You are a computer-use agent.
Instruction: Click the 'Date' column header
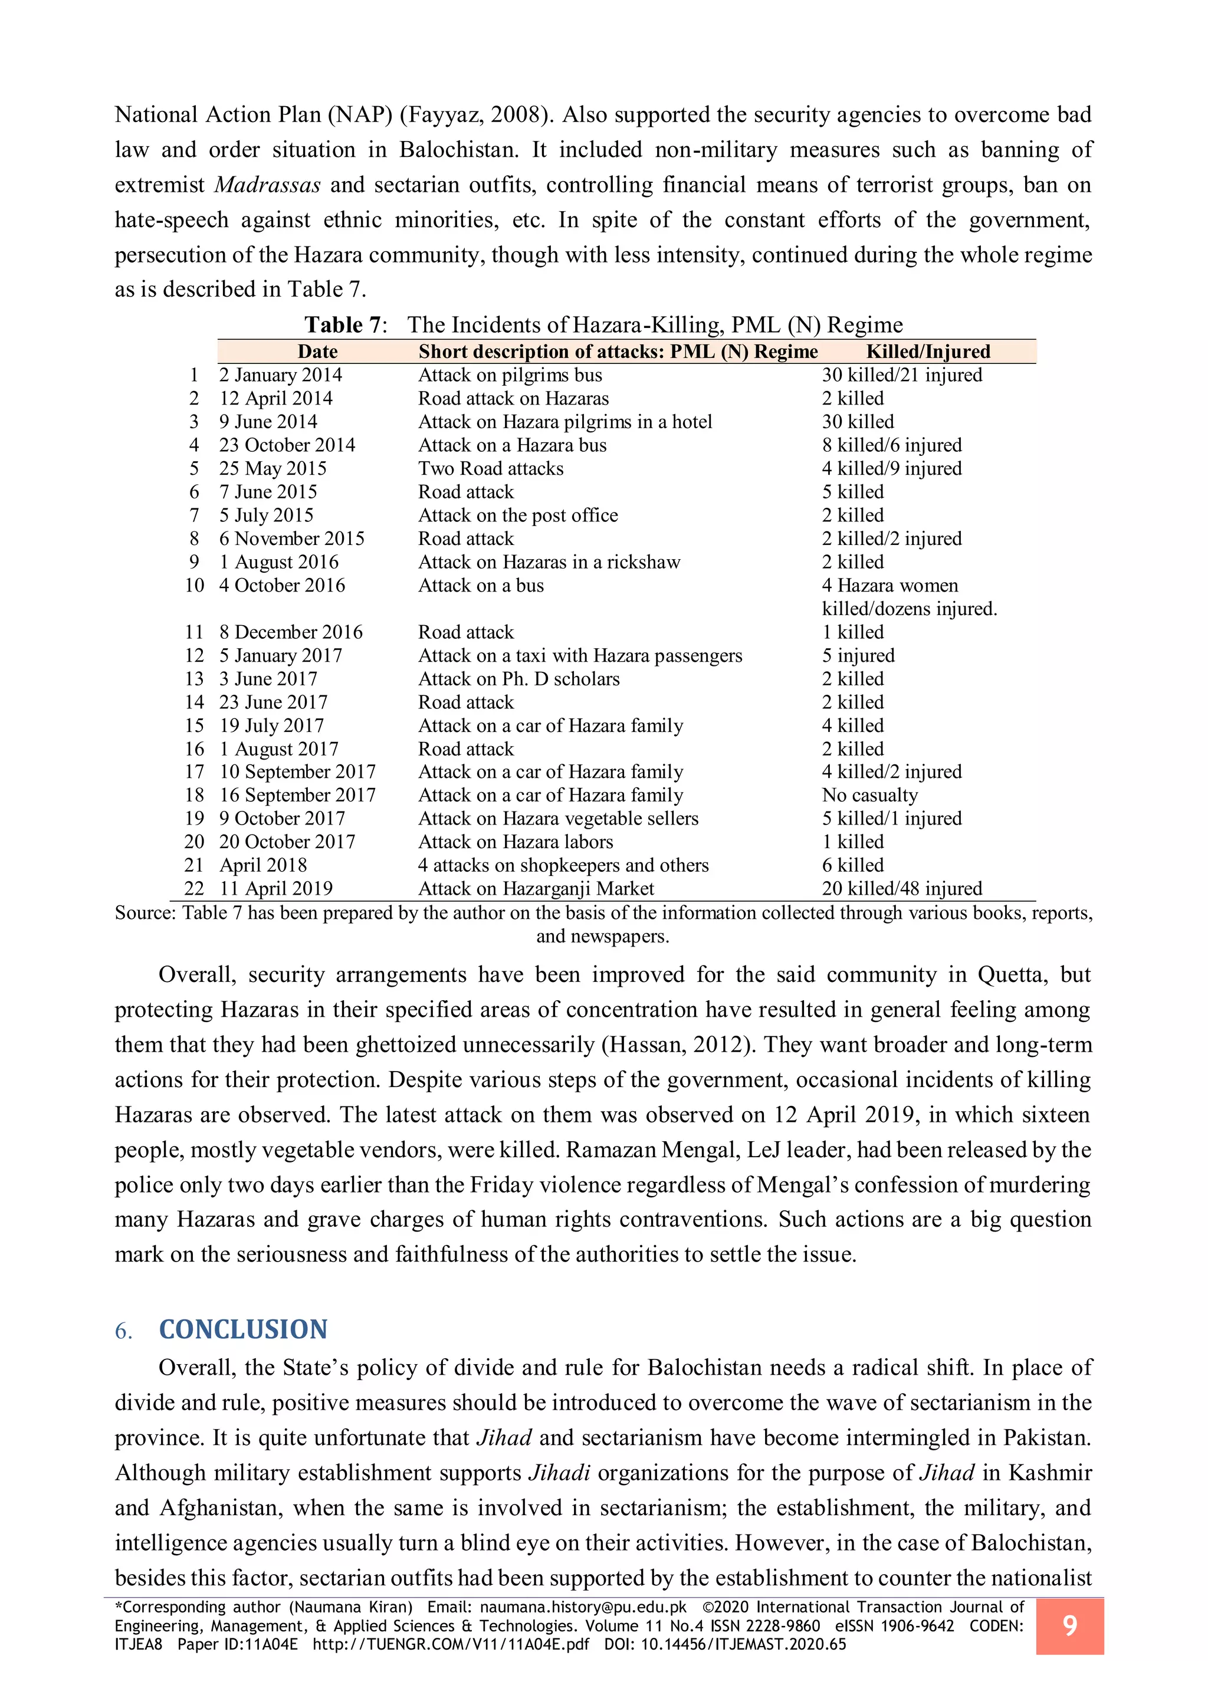(317, 352)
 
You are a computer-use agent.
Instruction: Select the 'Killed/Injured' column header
(928, 352)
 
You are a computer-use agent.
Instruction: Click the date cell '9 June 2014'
(268, 422)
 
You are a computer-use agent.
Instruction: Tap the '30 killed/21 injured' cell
(901, 375)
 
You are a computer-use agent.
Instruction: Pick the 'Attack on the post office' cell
(518, 515)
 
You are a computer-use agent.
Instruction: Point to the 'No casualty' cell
(869, 795)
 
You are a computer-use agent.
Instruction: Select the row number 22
(194, 888)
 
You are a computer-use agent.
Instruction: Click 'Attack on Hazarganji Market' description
(536, 888)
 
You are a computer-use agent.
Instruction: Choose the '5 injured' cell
(858, 655)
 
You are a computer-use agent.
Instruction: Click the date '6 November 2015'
(291, 538)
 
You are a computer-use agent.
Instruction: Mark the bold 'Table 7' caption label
(345, 325)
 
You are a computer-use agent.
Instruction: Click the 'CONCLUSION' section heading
(243, 1329)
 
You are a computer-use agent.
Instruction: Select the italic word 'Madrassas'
(268, 185)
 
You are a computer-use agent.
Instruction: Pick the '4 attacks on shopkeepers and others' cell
(563, 865)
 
